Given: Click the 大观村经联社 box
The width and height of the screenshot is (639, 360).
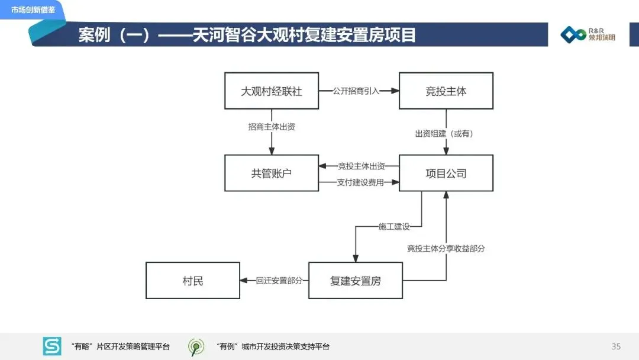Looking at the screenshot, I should click(x=272, y=91).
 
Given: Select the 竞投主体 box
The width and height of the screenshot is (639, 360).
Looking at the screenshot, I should click(x=446, y=91).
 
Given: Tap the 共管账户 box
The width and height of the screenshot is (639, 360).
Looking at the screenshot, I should click(x=272, y=173).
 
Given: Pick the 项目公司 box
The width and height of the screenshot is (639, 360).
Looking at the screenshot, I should click(x=446, y=173).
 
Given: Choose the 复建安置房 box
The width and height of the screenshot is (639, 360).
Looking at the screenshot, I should click(x=355, y=281).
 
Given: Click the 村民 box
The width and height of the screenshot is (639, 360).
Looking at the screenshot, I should click(x=193, y=281).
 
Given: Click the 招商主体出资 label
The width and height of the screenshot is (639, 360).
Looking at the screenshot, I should click(x=272, y=127).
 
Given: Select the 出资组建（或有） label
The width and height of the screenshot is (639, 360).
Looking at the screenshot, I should click(x=444, y=134).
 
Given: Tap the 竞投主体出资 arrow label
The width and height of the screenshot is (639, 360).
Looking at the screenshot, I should click(x=361, y=166).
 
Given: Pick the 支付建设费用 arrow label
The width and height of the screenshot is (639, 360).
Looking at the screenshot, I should click(x=361, y=182).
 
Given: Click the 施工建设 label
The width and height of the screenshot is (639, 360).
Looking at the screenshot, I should click(x=393, y=226).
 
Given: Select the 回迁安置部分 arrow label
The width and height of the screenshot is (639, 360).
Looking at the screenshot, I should click(x=279, y=281).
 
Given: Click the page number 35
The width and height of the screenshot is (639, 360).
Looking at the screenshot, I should click(x=616, y=346).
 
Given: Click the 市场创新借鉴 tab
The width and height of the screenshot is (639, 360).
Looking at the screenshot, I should click(x=33, y=9).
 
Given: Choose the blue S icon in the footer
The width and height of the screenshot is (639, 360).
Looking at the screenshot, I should click(x=52, y=346).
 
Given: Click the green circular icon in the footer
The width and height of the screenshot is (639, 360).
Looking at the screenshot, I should click(x=196, y=346).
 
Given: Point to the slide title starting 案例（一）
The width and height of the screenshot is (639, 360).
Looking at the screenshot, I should click(x=247, y=35).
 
